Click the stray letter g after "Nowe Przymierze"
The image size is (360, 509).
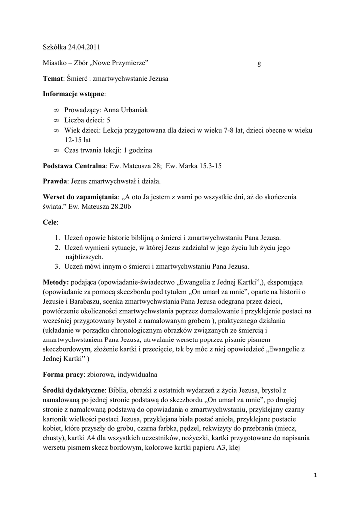tap(259, 63)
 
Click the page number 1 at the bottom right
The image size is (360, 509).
tap(315, 475)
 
